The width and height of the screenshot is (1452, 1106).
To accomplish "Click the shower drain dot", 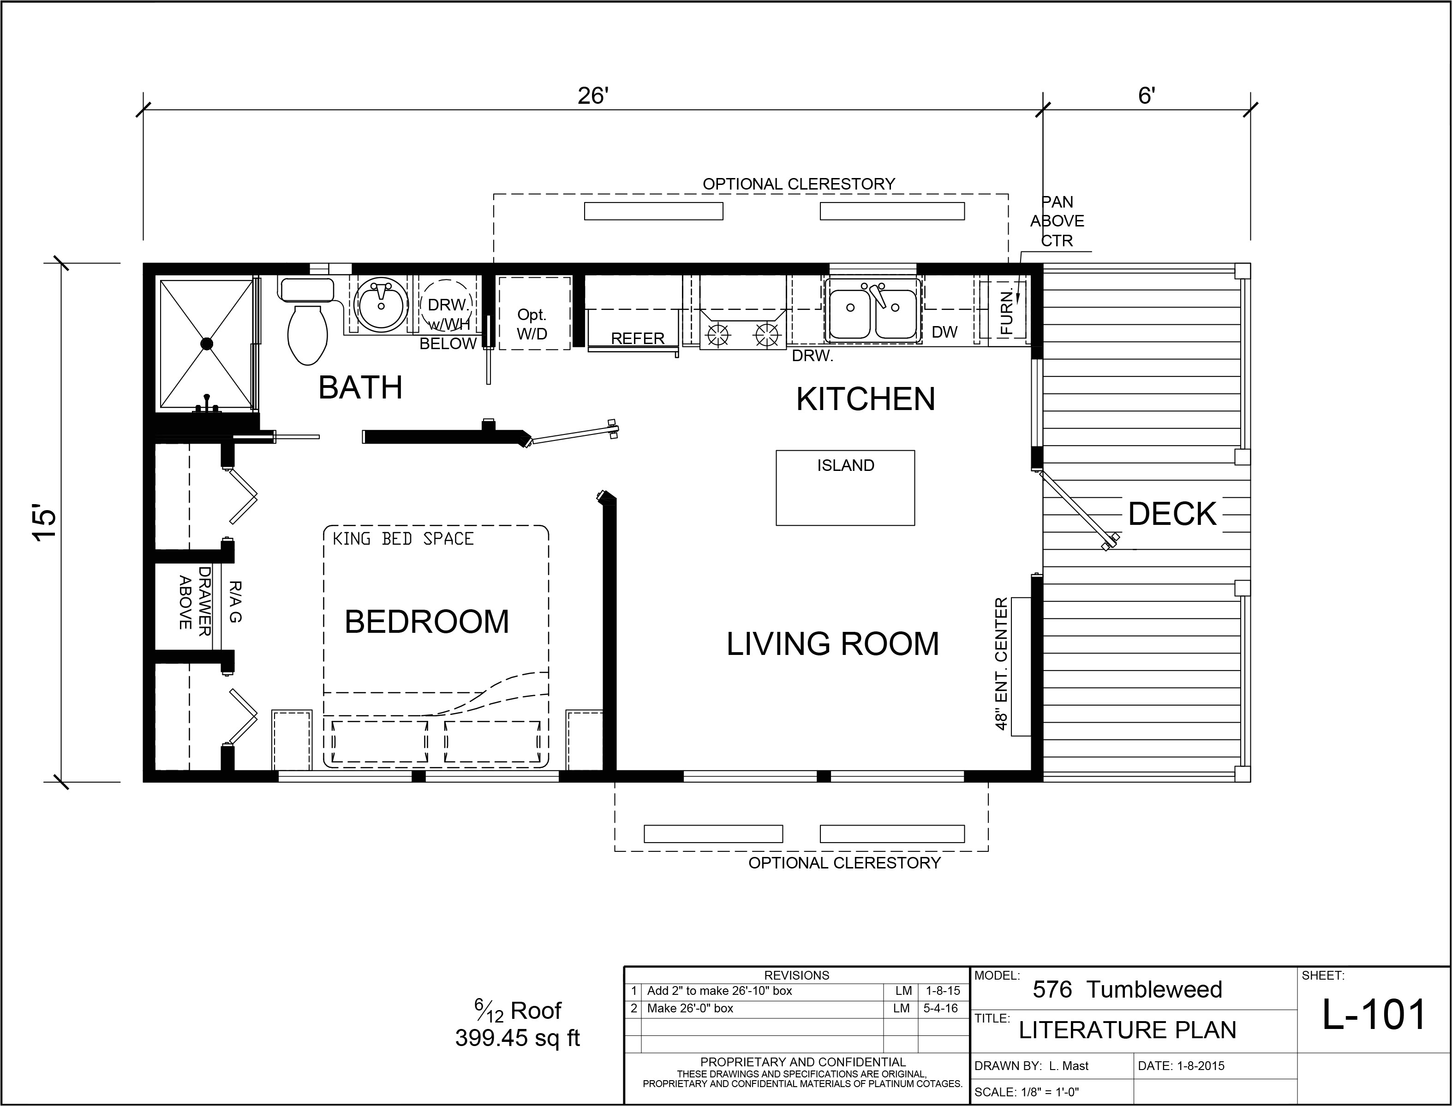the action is [x=207, y=344].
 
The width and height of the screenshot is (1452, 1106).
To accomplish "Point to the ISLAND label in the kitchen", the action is [x=846, y=465].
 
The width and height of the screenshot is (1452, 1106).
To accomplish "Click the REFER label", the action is [x=638, y=339].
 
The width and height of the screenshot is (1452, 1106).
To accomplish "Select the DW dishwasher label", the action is [x=944, y=333].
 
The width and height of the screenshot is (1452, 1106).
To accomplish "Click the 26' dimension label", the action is [x=592, y=96].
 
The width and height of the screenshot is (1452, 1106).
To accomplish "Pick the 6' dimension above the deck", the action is [x=1147, y=96].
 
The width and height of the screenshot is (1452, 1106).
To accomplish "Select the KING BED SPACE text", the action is [x=403, y=539].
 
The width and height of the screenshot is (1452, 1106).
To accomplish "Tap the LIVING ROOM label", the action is [x=832, y=644].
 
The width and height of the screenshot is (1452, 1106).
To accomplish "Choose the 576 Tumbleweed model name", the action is [x=1127, y=989].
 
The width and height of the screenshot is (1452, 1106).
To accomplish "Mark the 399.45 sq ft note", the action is [x=518, y=1038].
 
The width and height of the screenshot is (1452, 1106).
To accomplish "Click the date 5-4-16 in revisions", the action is [x=940, y=1009].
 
